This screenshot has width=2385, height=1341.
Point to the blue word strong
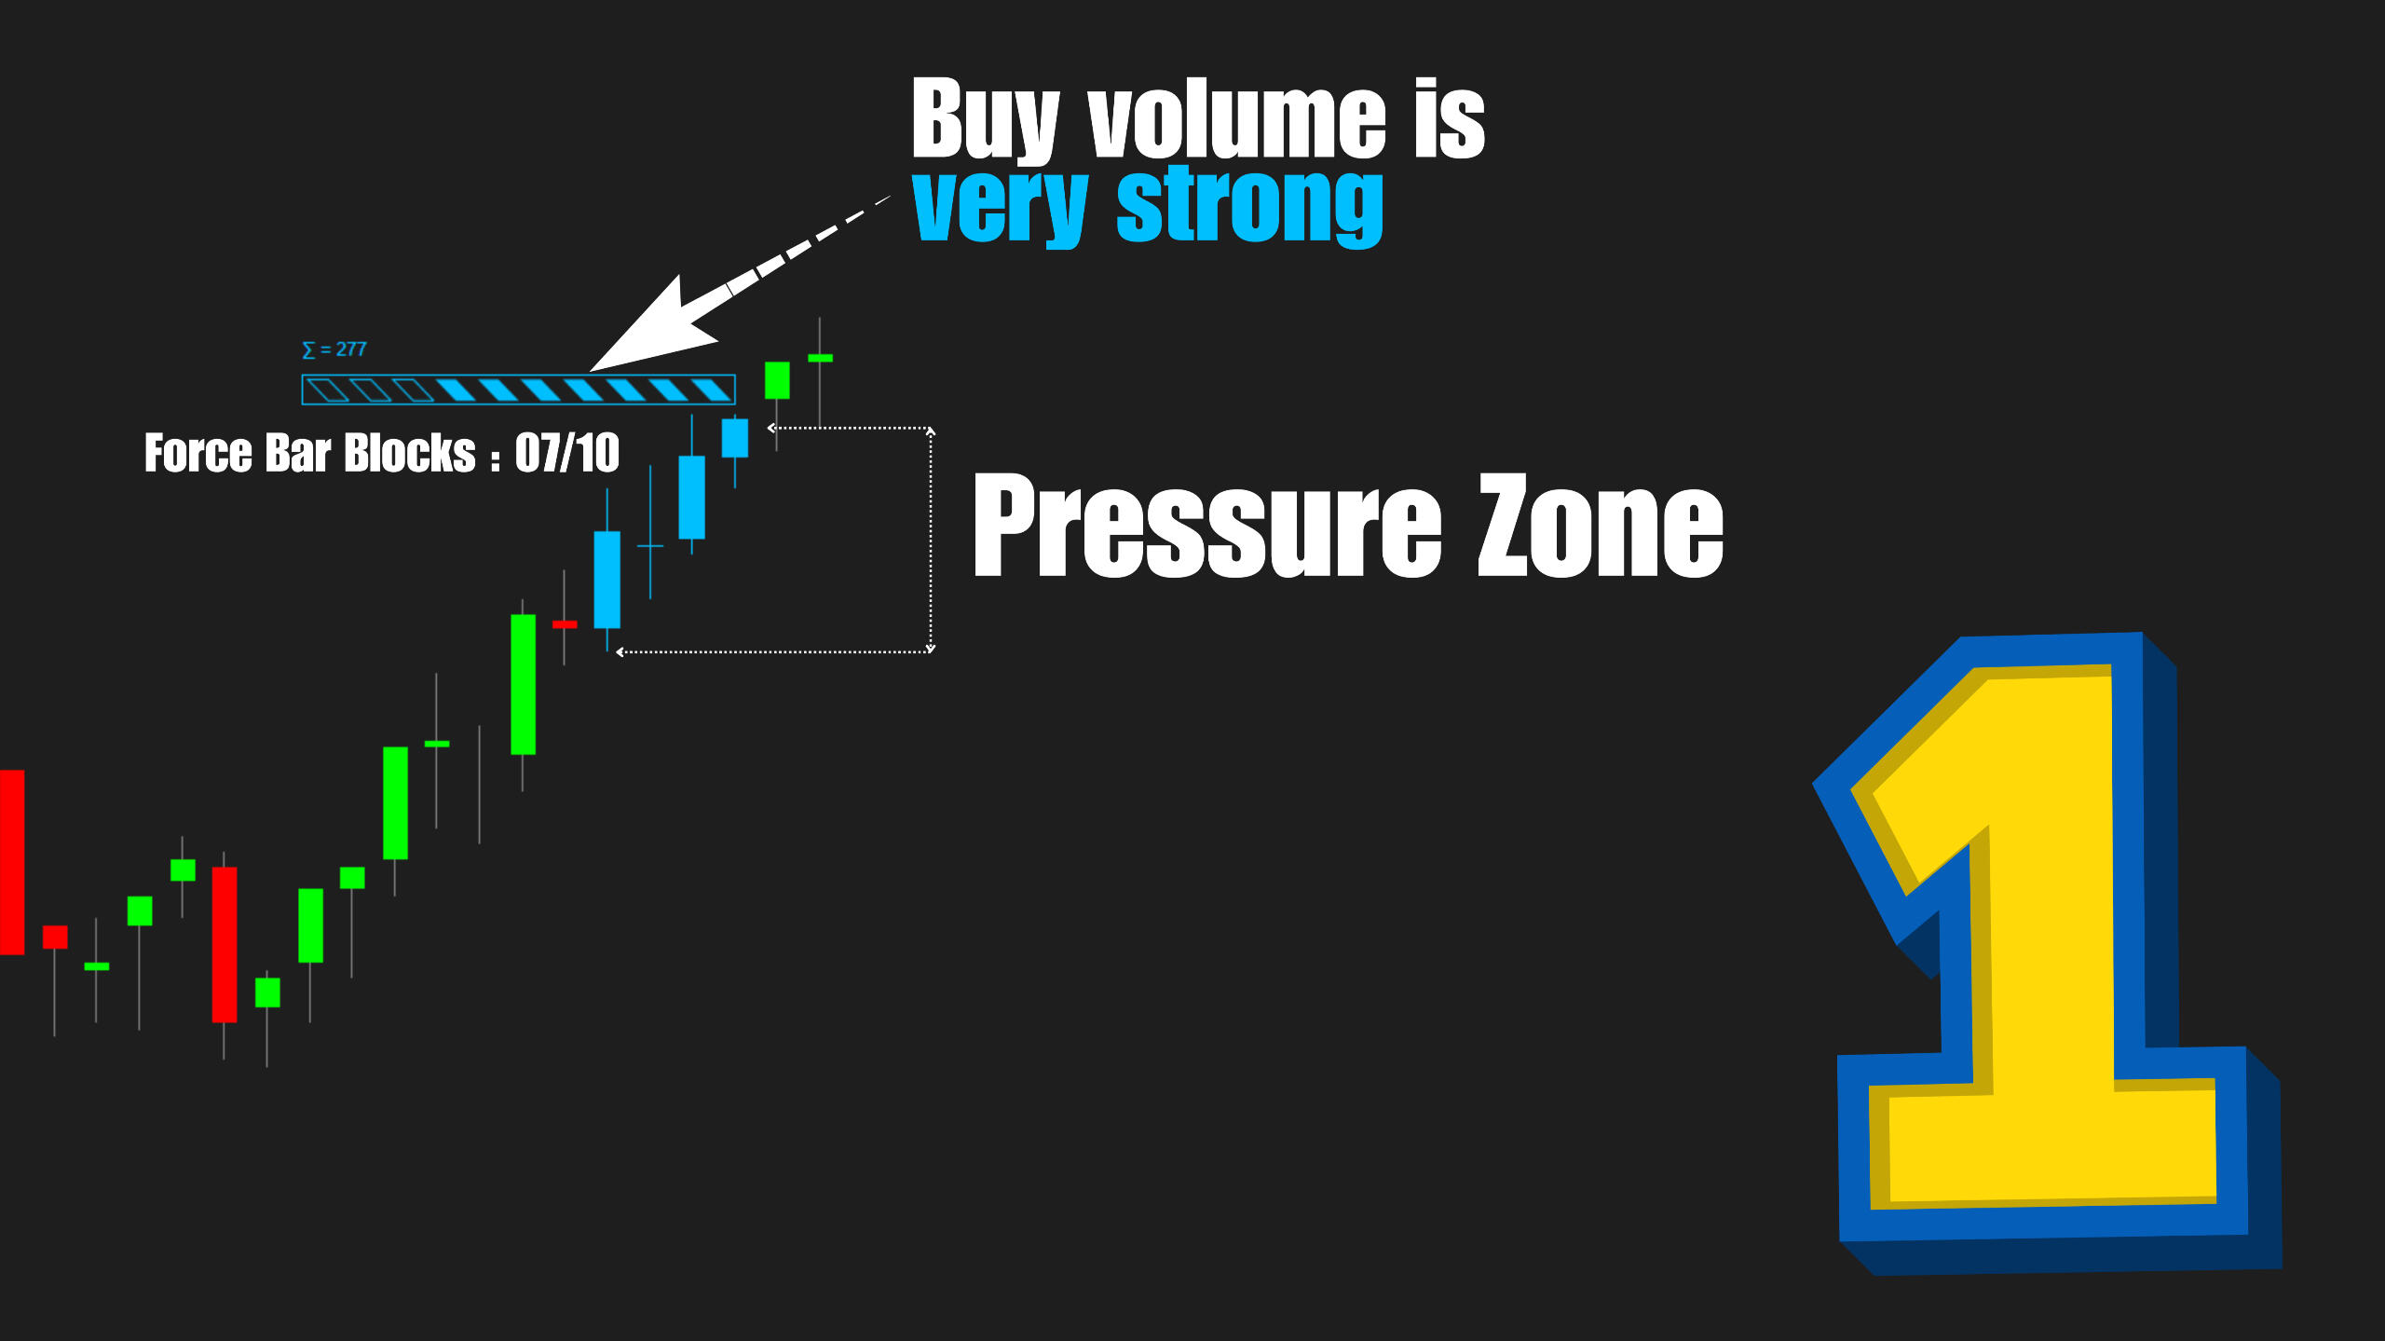click(1249, 207)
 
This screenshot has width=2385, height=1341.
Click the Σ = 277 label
click(334, 349)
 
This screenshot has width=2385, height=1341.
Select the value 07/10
click(567, 453)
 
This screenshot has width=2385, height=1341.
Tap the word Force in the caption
click(198, 453)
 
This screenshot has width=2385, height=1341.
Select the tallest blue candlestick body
click(607, 580)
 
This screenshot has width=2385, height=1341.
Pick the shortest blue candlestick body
click(735, 438)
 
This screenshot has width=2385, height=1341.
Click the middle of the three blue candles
click(691, 497)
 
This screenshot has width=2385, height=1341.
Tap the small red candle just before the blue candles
click(565, 624)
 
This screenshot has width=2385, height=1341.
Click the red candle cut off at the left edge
click(12, 862)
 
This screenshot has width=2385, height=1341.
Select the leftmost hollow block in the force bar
click(328, 390)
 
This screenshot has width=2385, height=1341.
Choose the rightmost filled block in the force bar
click(711, 390)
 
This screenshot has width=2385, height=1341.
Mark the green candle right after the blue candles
click(777, 380)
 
